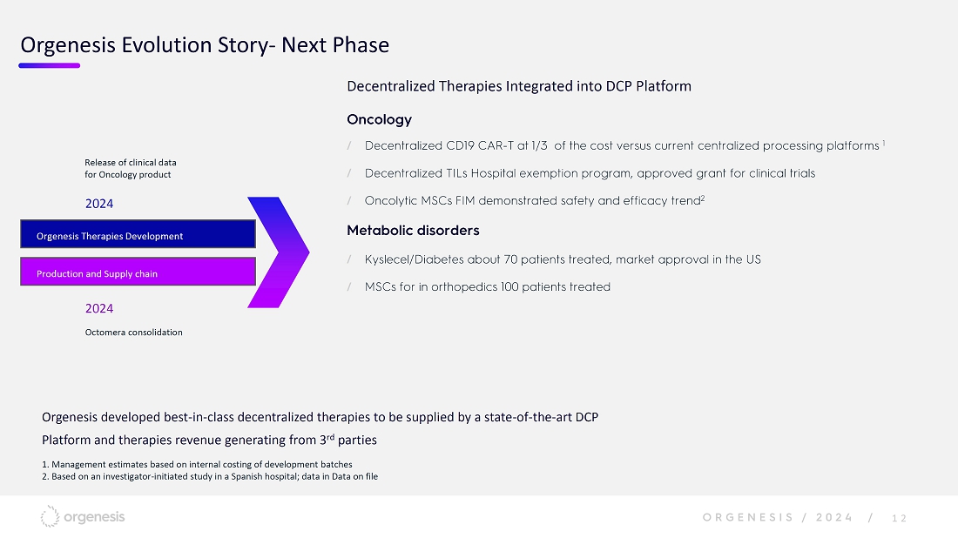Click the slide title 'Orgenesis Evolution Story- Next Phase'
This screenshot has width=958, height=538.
205,45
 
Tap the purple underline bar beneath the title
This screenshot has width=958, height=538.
50,65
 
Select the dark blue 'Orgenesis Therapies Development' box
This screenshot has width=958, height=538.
138,234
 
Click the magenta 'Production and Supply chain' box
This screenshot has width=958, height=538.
138,271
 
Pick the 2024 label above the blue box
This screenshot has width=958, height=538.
99,204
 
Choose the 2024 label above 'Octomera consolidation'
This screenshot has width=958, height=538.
99,308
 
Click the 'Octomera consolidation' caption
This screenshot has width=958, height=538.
134,333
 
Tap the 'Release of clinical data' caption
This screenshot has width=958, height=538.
130,163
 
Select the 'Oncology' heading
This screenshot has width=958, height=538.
380,119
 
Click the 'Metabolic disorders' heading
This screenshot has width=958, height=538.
413,230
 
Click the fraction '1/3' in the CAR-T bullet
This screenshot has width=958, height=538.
539,145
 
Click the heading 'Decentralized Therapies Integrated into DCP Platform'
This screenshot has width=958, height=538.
519,86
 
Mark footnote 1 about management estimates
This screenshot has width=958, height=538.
197,465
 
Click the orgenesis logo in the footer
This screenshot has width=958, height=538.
83,516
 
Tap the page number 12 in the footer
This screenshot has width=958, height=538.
900,519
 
